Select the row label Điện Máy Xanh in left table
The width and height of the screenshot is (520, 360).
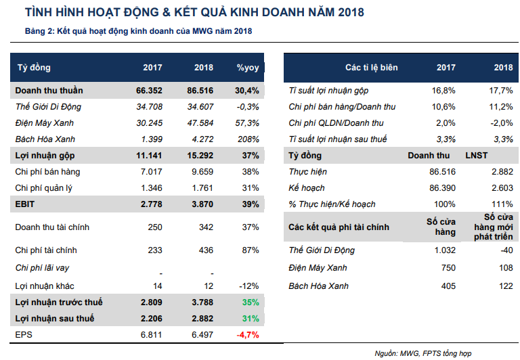(45, 123)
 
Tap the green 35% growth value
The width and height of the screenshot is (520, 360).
(250, 302)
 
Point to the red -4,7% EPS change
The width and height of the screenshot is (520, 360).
(246, 334)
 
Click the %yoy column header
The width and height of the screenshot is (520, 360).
(248, 68)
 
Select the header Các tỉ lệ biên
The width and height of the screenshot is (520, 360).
(371, 68)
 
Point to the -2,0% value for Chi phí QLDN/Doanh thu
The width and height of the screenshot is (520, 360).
(502, 123)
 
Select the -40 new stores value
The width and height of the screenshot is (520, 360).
(506, 250)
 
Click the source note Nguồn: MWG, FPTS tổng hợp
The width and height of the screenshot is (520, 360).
(423, 353)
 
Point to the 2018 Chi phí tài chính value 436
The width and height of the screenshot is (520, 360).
(205, 250)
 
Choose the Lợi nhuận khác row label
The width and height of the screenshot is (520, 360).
(44, 286)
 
